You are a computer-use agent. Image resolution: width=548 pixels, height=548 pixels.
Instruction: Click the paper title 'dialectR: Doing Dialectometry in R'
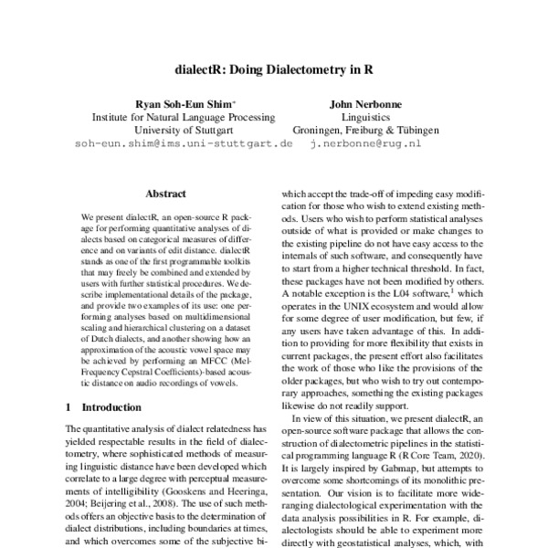[x=274, y=68]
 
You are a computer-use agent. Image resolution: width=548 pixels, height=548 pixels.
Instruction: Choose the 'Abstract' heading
[x=165, y=194]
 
